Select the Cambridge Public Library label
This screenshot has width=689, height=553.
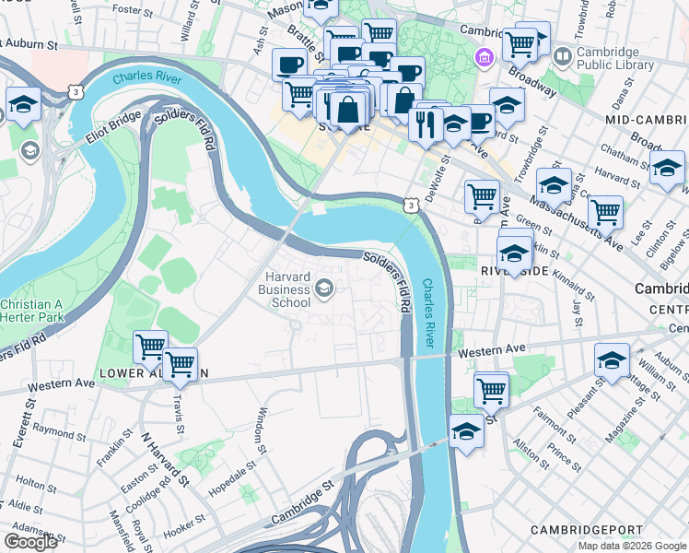tap(615, 57)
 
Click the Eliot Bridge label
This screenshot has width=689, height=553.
tap(113, 131)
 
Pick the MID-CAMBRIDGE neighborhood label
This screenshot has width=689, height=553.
tap(645, 121)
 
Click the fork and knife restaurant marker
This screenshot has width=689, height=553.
tap(426, 123)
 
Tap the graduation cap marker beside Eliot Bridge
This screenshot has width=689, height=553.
tap(22, 105)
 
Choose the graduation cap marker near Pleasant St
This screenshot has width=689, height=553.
tap(612, 361)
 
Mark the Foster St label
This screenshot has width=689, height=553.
tap(133, 11)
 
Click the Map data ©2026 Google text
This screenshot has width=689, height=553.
tap(632, 546)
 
